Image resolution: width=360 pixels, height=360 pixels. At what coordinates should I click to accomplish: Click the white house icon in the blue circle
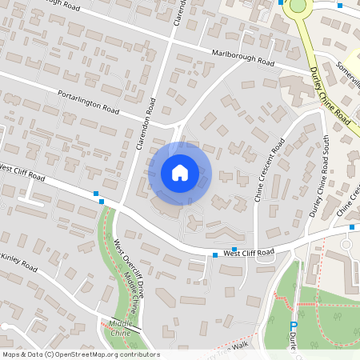[179, 173]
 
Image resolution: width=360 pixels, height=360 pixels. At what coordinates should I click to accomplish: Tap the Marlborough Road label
[243, 58]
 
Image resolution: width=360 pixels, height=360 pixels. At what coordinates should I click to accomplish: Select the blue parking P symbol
[294, 325]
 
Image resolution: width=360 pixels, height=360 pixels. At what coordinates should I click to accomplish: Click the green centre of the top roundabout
[298, 6]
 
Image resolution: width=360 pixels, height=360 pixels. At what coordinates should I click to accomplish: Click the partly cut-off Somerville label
[349, 66]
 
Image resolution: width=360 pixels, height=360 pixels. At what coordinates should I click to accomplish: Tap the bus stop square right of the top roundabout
[340, 6]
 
